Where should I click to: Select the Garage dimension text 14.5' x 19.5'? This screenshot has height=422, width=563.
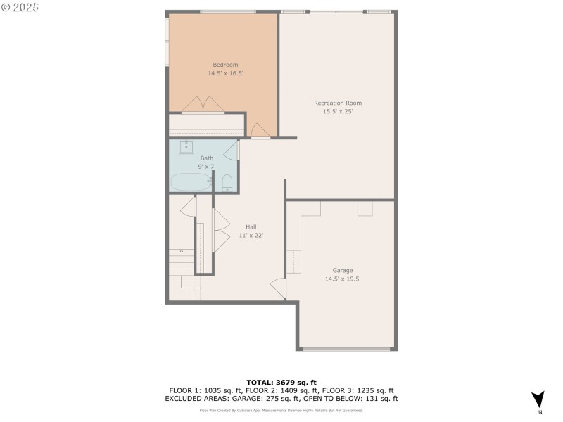click(x=343, y=279)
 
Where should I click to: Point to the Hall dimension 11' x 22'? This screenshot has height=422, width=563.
click(x=251, y=235)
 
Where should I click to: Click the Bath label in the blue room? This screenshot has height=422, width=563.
click(x=206, y=158)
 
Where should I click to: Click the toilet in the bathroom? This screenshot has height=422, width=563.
click(x=227, y=184)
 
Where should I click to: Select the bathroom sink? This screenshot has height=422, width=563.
click(x=187, y=147)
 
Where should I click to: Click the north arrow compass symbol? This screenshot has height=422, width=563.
click(x=538, y=399)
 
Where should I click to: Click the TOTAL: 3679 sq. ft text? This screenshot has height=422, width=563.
click(x=281, y=382)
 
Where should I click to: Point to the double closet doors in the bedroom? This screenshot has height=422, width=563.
click(x=203, y=104)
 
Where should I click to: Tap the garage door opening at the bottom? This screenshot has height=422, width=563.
click(x=346, y=349)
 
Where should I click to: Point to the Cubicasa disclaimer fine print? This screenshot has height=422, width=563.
click(x=281, y=409)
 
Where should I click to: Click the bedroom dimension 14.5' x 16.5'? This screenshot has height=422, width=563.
click(x=225, y=73)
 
